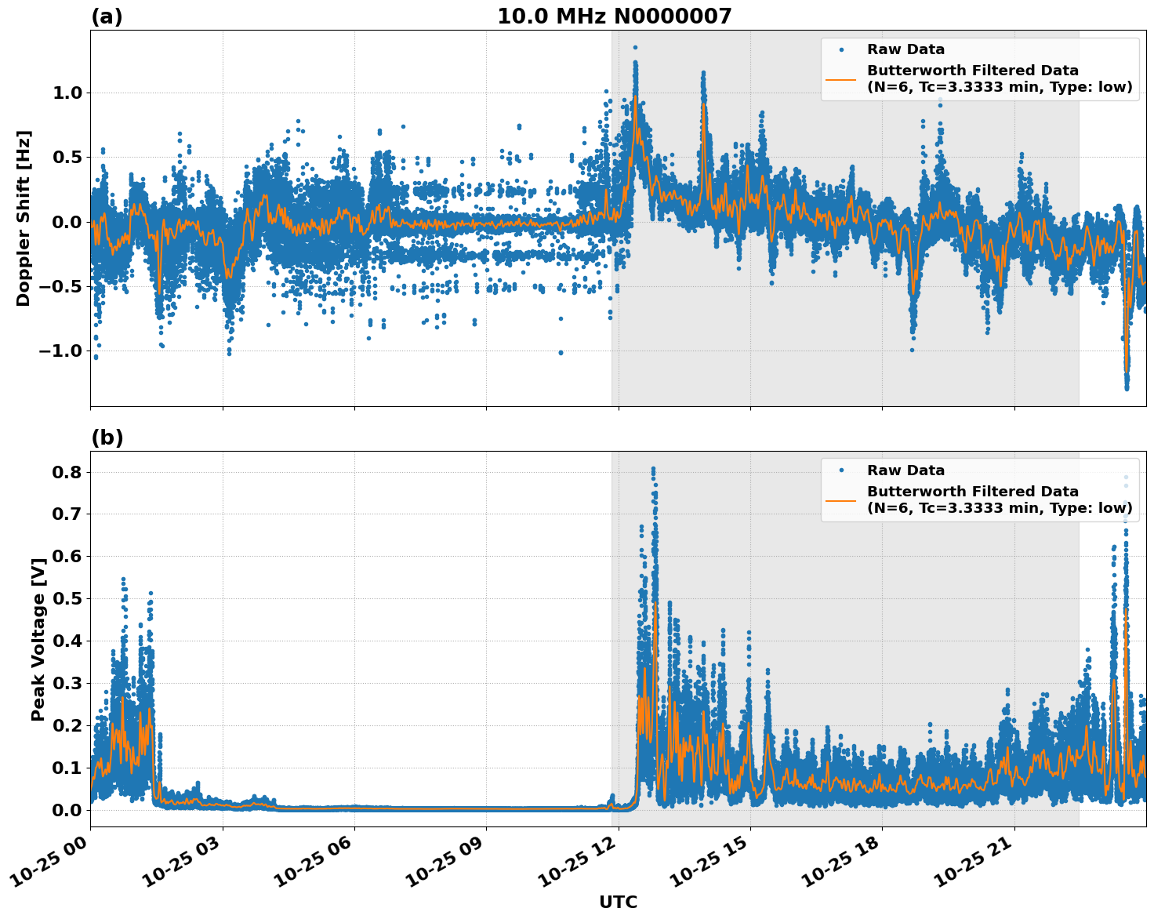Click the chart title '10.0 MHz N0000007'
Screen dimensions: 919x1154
point(614,16)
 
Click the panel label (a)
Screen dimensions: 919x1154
point(107,16)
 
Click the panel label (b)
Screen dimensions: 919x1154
point(107,438)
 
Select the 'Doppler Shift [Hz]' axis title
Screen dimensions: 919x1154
point(24,218)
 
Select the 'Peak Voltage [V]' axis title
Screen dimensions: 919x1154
point(38,638)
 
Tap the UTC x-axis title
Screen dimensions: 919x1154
point(618,902)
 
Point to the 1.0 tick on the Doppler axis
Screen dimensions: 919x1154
point(66,93)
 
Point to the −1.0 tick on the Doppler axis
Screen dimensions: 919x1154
point(60,351)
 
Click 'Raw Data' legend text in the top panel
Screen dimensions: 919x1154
point(905,50)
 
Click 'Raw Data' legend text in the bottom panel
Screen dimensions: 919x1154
point(905,470)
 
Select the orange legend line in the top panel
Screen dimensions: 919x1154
point(840,78)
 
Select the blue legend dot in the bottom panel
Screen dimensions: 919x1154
point(840,470)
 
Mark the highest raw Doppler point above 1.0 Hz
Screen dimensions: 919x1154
point(635,48)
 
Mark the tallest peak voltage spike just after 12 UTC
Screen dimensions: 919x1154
point(653,469)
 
